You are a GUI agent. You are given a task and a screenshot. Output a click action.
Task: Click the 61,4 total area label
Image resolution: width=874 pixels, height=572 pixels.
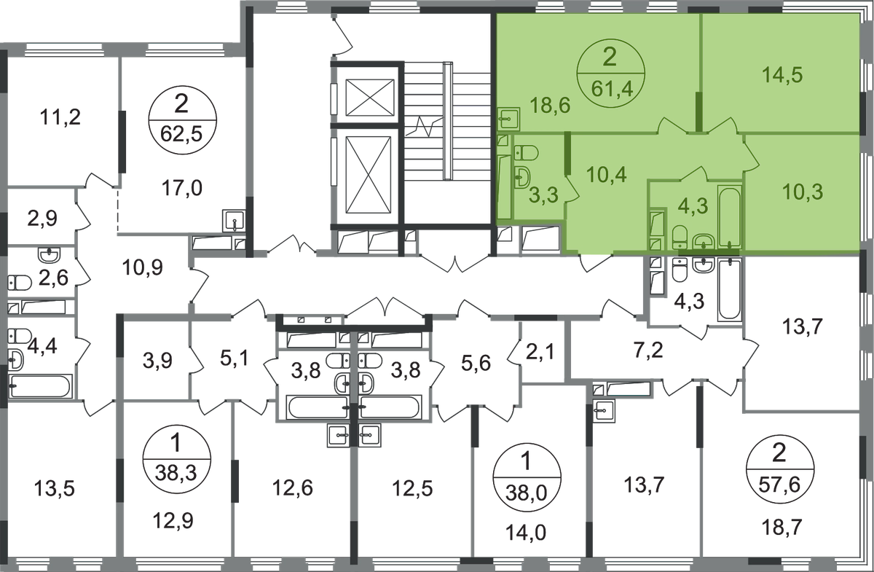point(611,89)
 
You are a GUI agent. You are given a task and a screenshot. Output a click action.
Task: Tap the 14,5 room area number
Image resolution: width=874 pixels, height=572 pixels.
point(782,75)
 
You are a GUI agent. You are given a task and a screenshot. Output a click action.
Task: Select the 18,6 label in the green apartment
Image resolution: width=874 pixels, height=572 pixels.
point(550,105)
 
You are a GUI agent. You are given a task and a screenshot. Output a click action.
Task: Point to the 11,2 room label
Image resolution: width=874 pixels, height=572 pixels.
point(60,117)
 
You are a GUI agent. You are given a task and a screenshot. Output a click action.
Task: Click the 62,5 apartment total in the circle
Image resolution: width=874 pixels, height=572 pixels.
point(181,134)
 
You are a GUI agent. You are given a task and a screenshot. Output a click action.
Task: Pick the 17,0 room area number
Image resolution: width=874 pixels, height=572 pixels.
point(182,188)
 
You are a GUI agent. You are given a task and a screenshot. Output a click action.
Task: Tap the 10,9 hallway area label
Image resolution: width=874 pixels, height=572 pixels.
point(143,268)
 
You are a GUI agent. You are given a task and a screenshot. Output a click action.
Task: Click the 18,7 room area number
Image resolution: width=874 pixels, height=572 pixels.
point(782,526)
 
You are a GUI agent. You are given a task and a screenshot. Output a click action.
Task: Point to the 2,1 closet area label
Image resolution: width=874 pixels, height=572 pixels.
point(540,352)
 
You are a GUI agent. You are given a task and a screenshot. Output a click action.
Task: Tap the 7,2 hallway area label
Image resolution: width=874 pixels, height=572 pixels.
point(648,350)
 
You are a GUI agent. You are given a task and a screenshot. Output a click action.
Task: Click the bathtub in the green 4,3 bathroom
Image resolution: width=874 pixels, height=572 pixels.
point(729,216)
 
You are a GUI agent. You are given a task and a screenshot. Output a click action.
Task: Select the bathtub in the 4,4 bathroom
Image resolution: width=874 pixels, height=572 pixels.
point(41,385)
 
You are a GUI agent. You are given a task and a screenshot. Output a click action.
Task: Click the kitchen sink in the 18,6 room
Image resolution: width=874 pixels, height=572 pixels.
point(509,119)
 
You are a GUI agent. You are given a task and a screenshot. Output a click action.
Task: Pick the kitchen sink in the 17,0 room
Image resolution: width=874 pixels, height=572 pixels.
point(233,221)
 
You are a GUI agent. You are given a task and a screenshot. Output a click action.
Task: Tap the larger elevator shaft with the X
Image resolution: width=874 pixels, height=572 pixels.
point(368,175)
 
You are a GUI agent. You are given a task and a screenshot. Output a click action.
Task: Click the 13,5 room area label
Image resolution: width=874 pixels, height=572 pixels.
point(54,488)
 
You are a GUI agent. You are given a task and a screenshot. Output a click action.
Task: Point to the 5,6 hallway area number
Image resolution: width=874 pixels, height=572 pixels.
point(476,363)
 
